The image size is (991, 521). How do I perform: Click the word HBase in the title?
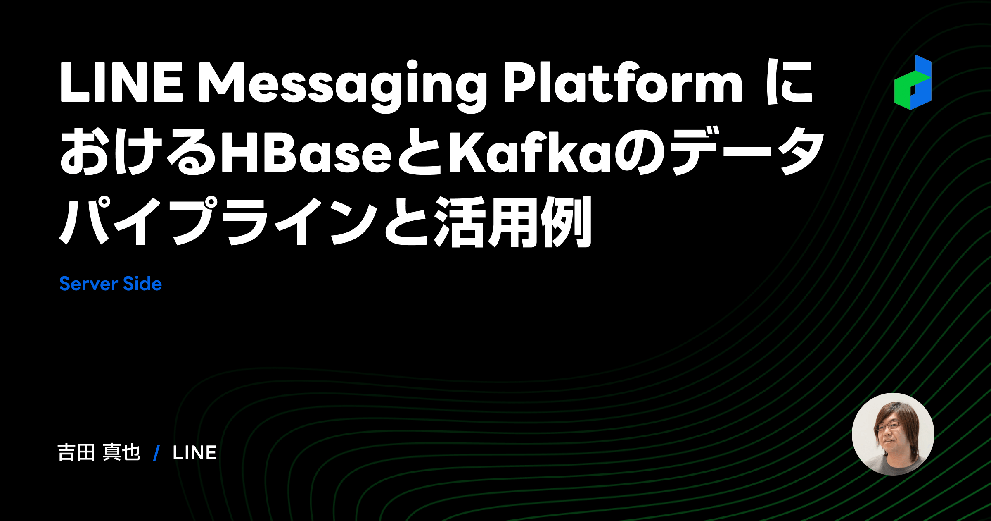point(306,153)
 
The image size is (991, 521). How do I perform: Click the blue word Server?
point(89,284)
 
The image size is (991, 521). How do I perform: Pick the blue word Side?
point(142,284)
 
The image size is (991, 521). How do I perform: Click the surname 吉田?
point(76,452)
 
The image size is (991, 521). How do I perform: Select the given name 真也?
point(122,452)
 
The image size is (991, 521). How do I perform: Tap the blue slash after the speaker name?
point(156,453)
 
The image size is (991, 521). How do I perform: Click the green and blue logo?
point(913,83)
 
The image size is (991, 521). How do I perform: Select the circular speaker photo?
point(893,434)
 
